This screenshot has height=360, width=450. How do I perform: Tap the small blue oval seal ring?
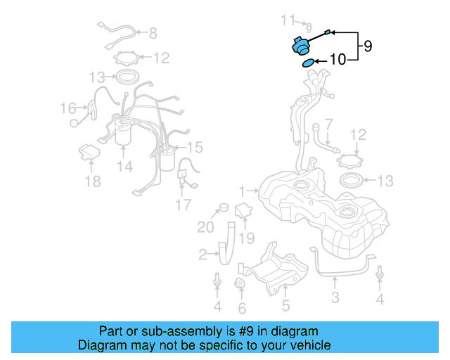[307, 64]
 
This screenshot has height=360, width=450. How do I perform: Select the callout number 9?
[367, 46]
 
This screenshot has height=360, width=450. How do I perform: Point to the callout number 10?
[337, 60]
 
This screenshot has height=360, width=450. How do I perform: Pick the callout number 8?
[153, 32]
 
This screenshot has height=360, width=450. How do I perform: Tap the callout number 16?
[67, 108]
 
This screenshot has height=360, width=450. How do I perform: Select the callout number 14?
[124, 167]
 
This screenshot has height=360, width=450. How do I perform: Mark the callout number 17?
[183, 205]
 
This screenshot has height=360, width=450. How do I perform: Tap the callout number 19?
[245, 238]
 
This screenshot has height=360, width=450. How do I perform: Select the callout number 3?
[335, 297]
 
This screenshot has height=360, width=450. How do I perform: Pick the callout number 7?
[328, 124]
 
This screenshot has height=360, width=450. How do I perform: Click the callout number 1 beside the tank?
[242, 191]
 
